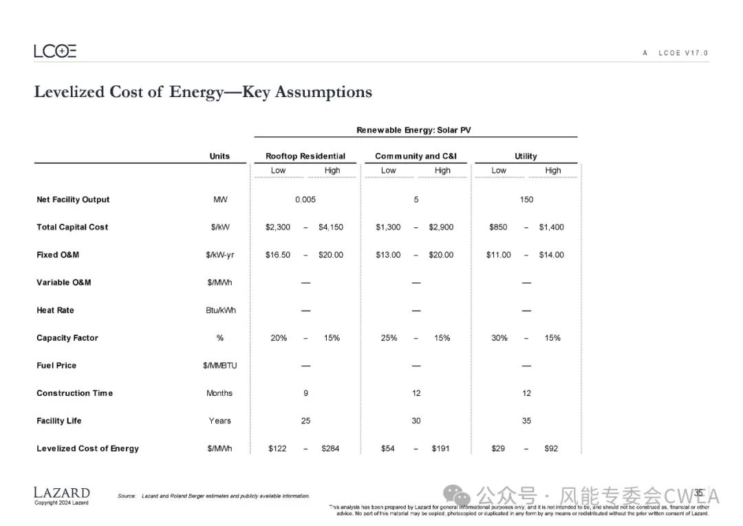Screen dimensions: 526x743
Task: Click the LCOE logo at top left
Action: tap(55, 51)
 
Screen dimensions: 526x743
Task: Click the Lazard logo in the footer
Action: tap(61, 492)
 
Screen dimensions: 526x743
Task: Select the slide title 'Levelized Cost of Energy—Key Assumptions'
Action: tap(203, 92)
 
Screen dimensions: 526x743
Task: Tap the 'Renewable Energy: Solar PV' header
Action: tap(413, 130)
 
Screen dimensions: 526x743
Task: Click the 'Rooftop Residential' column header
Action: tap(305, 156)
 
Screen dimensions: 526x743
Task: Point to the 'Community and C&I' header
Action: tap(416, 156)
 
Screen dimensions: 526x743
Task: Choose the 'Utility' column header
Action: tap(526, 156)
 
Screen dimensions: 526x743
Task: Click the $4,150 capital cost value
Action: tap(331, 227)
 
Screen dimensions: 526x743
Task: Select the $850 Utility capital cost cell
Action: tap(499, 227)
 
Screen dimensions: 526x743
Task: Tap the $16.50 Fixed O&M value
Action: tap(278, 255)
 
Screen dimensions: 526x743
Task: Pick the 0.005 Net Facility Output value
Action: tap(305, 200)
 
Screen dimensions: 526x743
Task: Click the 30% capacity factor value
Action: tap(499, 338)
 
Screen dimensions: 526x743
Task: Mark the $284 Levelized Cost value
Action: tap(330, 448)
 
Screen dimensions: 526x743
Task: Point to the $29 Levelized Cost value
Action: tap(498, 448)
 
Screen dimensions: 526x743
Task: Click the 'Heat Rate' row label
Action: tap(55, 311)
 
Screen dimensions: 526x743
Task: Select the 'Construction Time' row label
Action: tap(74, 393)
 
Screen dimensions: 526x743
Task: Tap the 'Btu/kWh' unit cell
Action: tap(219, 311)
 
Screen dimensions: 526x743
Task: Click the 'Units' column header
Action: tap(219, 156)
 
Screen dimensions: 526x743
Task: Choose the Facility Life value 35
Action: tap(526, 421)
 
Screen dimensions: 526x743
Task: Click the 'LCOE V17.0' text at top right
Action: tap(682, 53)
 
